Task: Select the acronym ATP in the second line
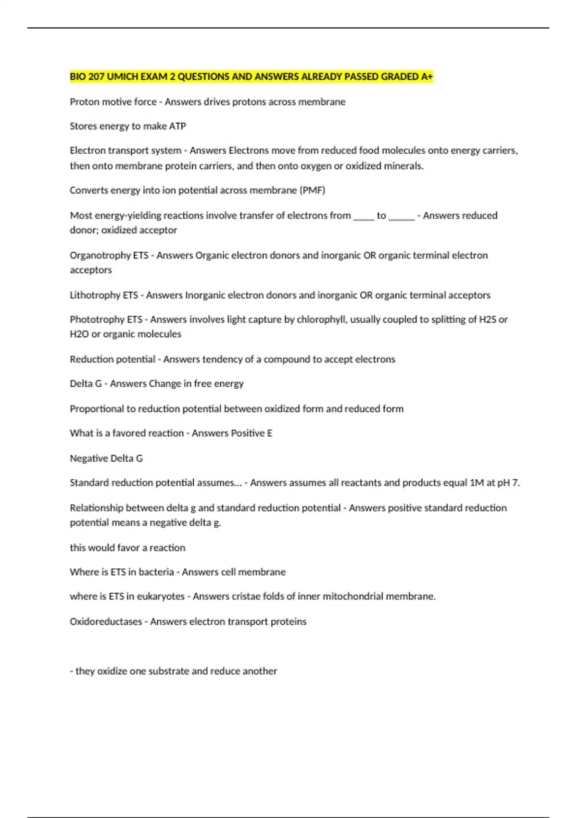pyautogui.click(x=177, y=126)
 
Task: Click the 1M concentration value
pyautogui.click(x=477, y=483)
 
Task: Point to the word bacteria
pyautogui.click(x=156, y=572)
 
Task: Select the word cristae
pyautogui.click(x=247, y=596)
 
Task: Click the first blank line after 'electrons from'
pyautogui.click(x=364, y=217)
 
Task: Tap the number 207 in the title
pyautogui.click(x=97, y=77)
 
